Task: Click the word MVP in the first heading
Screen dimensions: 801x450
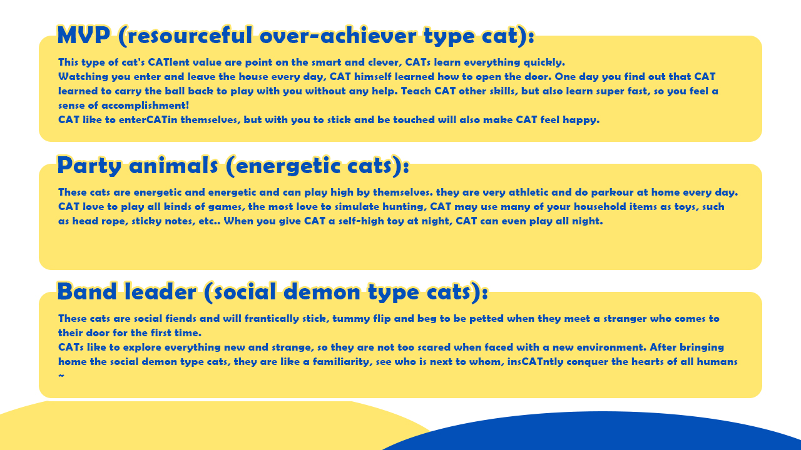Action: point(84,36)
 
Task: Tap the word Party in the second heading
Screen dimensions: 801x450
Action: point(89,166)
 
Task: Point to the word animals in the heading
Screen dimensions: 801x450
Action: point(173,166)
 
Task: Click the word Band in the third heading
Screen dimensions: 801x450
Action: point(87,291)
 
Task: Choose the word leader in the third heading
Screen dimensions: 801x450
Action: point(160,291)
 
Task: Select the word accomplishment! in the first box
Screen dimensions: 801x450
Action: point(145,106)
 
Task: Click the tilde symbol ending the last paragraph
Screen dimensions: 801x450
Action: point(61,376)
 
